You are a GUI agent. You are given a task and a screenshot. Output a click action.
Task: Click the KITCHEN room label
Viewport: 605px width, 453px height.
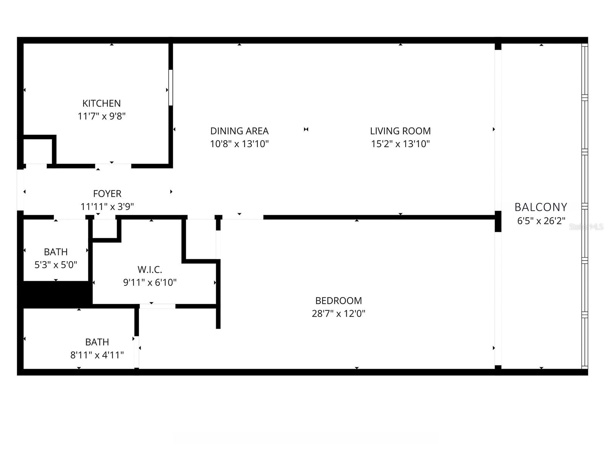[101, 103]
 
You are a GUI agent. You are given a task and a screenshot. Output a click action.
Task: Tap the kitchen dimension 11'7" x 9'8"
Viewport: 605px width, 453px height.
[101, 116]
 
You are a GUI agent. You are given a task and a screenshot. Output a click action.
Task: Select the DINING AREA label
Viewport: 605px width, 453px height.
[239, 131]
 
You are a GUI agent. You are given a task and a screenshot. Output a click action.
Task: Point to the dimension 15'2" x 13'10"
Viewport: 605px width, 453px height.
[400, 144]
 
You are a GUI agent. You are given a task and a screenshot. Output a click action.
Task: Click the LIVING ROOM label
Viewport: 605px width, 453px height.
[400, 131]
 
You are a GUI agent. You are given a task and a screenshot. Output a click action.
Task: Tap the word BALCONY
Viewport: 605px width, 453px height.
[541, 207]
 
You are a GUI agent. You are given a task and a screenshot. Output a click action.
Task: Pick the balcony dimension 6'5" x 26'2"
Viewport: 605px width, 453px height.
[541, 221]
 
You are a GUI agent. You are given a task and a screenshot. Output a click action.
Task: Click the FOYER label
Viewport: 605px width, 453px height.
[107, 194]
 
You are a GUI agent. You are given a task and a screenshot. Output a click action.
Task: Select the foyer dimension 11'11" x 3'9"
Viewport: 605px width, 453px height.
[107, 206]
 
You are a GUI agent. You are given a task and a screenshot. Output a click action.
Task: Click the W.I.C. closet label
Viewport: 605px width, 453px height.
[150, 270]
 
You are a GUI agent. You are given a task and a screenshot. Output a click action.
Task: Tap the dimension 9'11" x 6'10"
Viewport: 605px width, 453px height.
[150, 282]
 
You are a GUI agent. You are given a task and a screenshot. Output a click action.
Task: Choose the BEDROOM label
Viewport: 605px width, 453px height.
[338, 300]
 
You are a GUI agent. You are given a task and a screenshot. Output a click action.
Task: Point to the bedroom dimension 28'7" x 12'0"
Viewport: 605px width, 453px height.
[338, 313]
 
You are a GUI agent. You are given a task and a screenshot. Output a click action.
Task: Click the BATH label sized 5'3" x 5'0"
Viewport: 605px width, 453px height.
[56, 252]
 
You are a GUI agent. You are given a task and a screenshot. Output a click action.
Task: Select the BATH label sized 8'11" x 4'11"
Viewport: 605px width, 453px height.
[97, 342]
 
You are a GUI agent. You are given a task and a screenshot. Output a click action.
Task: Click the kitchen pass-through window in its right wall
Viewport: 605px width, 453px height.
[171, 87]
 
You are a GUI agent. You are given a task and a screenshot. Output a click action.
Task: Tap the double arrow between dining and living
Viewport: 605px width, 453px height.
[306, 129]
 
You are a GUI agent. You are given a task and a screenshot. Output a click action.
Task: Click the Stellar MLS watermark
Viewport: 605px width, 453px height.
[586, 226]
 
